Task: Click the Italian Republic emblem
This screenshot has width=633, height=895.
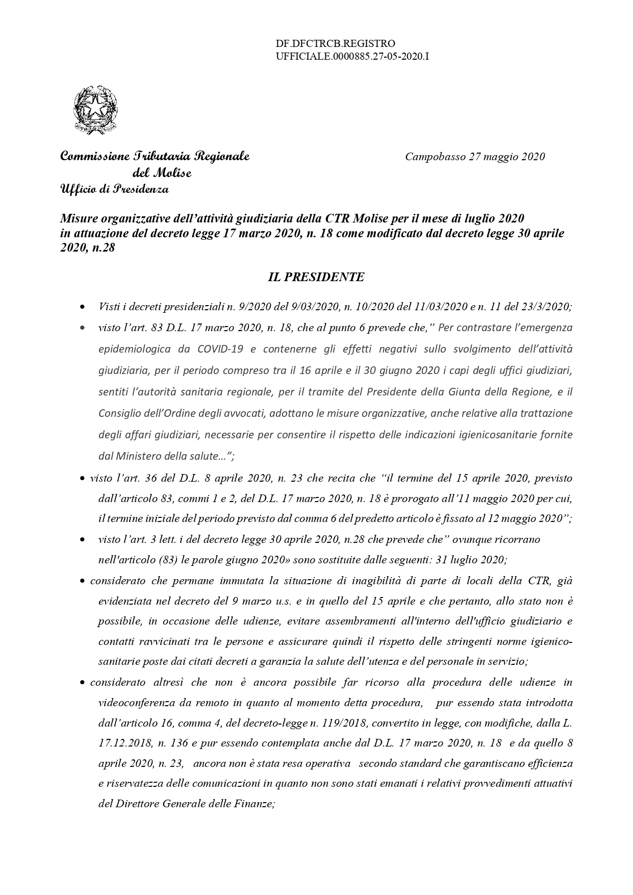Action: coord(95,110)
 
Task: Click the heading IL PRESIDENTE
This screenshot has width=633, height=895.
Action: coord(316,277)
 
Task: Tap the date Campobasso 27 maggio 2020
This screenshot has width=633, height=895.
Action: coord(475,157)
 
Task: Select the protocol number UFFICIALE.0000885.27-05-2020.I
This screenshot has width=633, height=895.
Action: coord(352,57)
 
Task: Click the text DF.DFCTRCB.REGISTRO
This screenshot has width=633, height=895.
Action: coord(335,44)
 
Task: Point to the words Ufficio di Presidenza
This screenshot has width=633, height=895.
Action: coord(114,189)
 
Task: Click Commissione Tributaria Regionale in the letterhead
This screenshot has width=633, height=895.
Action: coord(155,156)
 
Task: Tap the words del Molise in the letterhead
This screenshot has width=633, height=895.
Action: coord(162,173)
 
